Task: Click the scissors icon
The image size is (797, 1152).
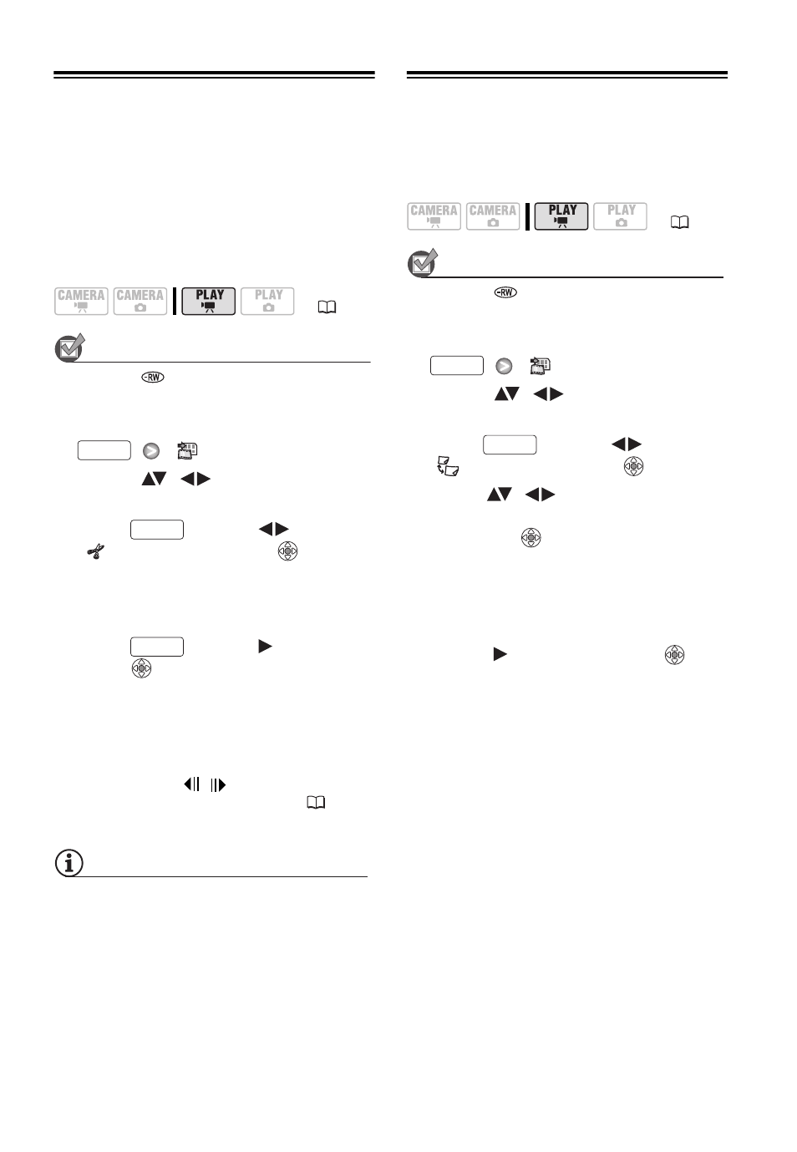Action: [95, 551]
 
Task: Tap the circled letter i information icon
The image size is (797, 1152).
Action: [69, 862]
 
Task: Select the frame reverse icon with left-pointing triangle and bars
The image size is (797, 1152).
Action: [192, 784]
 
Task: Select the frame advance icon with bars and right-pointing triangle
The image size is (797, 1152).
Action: [218, 784]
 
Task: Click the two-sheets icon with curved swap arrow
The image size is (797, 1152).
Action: [448, 465]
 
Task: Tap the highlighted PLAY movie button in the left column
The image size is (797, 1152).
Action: [208, 301]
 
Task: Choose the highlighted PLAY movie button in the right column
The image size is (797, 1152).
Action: [561, 216]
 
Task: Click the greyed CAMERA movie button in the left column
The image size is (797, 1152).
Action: [81, 301]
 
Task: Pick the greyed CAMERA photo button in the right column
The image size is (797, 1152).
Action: [493, 216]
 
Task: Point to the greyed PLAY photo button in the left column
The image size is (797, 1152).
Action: [267, 301]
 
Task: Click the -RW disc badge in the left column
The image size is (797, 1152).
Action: [153, 377]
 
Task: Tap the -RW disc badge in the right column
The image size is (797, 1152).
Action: [505, 292]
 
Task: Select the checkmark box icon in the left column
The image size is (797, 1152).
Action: [69, 348]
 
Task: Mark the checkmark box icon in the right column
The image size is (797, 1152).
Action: [422, 263]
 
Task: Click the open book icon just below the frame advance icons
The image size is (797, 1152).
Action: [316, 802]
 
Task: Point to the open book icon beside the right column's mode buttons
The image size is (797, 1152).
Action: [680, 222]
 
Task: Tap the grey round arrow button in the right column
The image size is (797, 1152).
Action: [504, 366]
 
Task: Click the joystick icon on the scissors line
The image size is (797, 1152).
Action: [287, 551]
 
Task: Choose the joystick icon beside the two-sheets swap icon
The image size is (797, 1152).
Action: [633, 466]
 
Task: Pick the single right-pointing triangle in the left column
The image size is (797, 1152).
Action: [265, 646]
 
